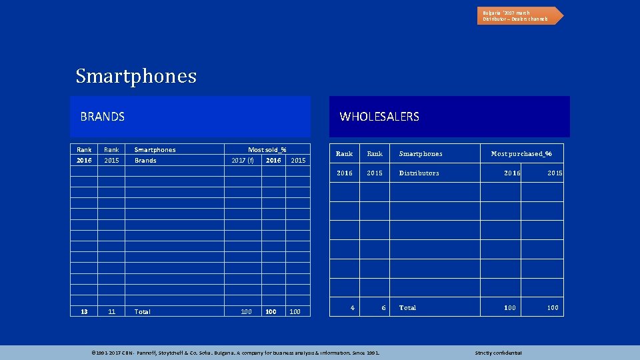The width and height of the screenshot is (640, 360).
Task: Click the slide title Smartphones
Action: click(x=136, y=76)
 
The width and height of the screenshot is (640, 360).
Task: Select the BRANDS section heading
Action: click(x=102, y=117)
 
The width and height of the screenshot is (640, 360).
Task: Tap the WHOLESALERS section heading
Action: click(x=379, y=117)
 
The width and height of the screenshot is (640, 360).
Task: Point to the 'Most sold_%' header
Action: click(x=267, y=150)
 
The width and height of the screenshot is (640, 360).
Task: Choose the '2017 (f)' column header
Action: click(x=242, y=161)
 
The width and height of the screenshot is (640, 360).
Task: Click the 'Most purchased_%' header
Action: click(x=521, y=154)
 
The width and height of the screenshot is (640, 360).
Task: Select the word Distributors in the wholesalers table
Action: click(x=419, y=173)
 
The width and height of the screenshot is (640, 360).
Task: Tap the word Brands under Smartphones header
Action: click(x=145, y=161)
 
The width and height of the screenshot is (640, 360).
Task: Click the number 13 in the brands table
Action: click(x=84, y=311)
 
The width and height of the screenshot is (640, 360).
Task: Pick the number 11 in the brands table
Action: click(x=111, y=311)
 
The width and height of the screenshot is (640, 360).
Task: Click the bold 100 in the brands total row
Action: click(x=271, y=311)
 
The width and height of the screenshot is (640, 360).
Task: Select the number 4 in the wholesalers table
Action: click(x=353, y=307)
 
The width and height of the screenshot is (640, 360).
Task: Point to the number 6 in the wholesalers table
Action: click(x=383, y=308)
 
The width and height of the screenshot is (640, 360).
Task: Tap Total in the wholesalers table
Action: click(x=407, y=308)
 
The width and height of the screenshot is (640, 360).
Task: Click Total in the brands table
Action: click(x=142, y=311)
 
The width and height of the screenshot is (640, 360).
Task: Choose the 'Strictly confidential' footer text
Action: click(x=498, y=353)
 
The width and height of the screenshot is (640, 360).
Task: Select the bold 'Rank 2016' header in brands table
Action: click(x=84, y=155)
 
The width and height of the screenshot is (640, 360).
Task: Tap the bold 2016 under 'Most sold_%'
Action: click(x=273, y=161)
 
